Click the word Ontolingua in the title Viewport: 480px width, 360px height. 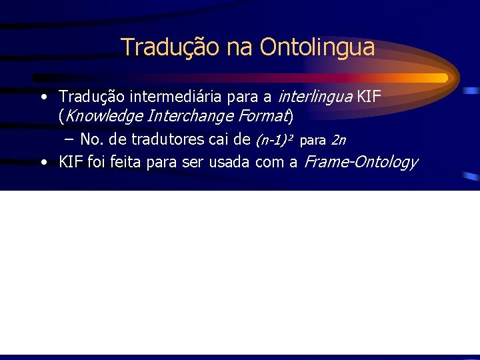pos(317,47)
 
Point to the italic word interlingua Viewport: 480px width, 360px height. pos(314,97)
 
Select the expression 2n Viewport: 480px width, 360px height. pos(338,140)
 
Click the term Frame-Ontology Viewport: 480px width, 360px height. pos(361,162)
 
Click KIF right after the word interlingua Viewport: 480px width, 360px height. pos(369,97)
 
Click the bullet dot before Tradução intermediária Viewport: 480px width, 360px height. pos(43,98)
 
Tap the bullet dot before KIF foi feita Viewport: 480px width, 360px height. pos(43,163)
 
